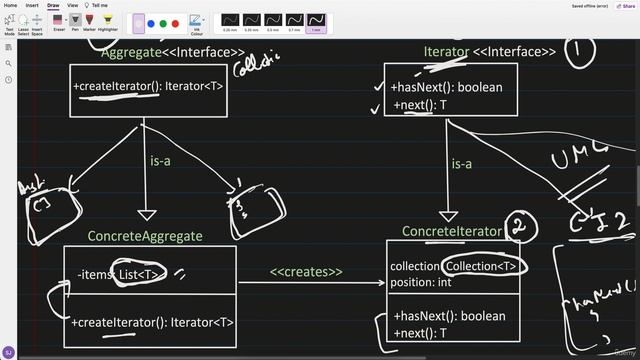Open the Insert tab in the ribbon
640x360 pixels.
coord(32,5)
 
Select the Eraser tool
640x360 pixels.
coord(59,21)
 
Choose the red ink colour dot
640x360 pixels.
coord(176,22)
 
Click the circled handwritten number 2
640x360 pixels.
coord(517,227)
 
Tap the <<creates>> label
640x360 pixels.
coord(306,271)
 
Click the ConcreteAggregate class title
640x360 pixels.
coord(145,236)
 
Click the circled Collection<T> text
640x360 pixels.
coord(481,266)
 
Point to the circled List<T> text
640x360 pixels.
coord(139,274)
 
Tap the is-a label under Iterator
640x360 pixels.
coord(461,163)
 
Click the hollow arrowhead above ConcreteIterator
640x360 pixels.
coord(447,215)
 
